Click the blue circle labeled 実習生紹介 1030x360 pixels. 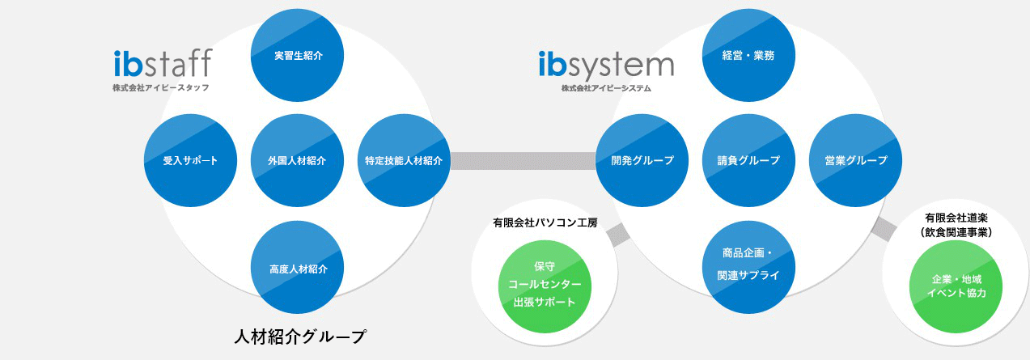click(298, 56)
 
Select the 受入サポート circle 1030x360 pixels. click(190, 160)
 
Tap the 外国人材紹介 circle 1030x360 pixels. click(298, 160)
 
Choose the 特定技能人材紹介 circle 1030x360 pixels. click(403, 160)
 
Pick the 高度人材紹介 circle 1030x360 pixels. click(298, 268)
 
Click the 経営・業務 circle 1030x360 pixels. click(748, 56)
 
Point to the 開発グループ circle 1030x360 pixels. click(642, 160)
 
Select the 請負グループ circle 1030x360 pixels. click(748, 160)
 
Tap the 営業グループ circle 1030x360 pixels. click(855, 160)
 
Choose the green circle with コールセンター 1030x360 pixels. click(545, 285)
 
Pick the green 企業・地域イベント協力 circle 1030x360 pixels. click(959, 285)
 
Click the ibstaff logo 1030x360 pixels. click(163, 62)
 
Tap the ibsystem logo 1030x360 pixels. click(605, 64)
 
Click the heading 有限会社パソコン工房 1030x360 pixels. click(545, 222)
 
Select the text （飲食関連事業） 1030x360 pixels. click(958, 231)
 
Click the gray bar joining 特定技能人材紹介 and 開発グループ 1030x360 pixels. click(523, 160)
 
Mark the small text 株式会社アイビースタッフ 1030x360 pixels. click(161, 87)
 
